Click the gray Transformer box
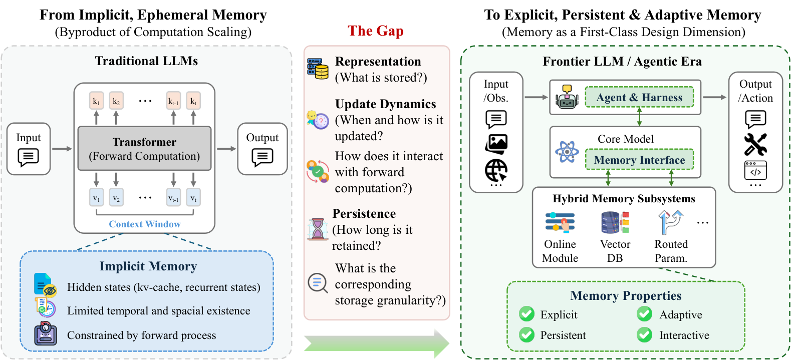click(144, 149)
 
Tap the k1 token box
click(96, 101)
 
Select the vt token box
click(193, 198)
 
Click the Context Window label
click(145, 224)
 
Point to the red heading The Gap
click(375, 31)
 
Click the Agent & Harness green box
click(639, 97)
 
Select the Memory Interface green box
click(639, 160)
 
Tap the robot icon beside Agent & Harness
click(567, 96)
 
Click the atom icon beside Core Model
click(567, 152)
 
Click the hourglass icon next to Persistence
click(318, 229)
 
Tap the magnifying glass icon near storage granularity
click(318, 283)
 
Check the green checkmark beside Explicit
click(526, 314)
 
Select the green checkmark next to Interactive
click(644, 334)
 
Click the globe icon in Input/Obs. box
click(496, 170)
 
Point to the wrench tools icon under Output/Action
click(755, 144)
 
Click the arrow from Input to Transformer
click(62, 149)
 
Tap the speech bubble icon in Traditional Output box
click(262, 157)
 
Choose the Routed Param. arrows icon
click(671, 222)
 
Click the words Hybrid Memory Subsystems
click(624, 198)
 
